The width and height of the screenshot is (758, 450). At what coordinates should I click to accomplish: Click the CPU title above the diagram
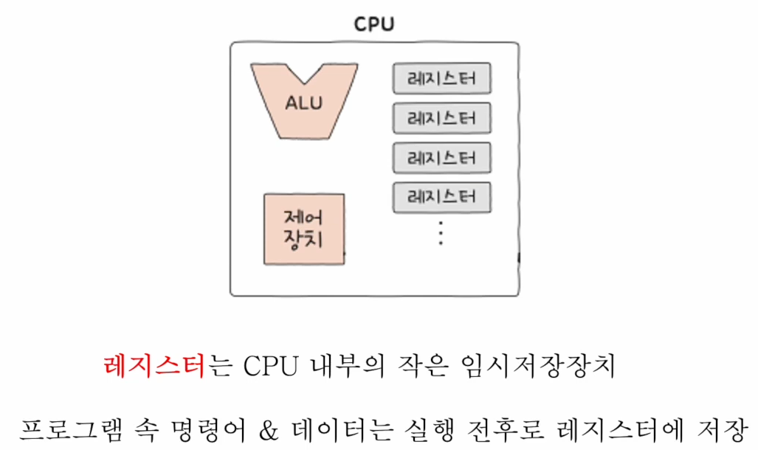point(374,24)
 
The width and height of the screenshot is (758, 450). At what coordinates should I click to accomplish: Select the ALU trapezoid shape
point(304,101)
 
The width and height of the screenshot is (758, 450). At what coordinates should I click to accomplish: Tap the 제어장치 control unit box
point(304,229)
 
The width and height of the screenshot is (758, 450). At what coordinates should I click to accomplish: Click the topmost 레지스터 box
point(441,79)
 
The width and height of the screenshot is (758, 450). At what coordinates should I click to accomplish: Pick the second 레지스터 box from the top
point(441,118)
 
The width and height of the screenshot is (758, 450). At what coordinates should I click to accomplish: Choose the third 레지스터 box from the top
point(441,158)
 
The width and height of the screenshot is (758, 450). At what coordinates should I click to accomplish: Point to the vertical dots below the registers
point(440,234)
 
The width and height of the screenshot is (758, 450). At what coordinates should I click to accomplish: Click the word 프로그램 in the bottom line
point(70,429)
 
